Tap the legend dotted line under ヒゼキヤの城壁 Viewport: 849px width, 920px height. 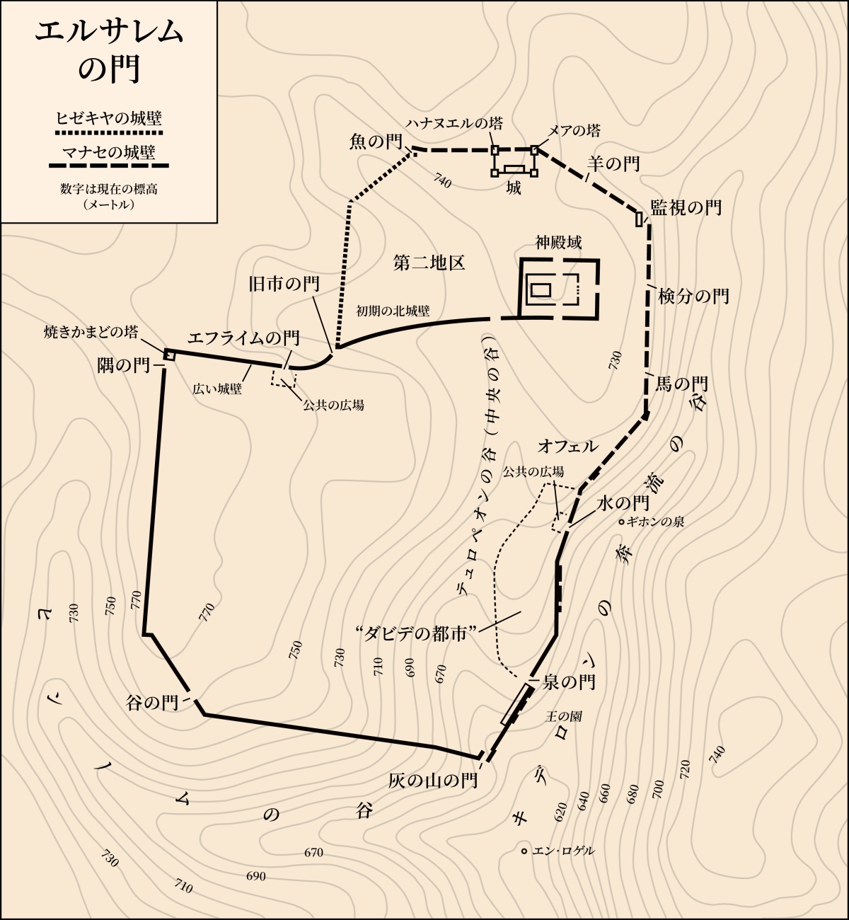109,132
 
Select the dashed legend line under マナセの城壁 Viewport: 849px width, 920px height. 109,166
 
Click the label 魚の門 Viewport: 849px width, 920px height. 376,142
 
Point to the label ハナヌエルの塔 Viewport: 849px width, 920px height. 454,124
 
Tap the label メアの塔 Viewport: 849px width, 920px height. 574,130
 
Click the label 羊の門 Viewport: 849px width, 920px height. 613,164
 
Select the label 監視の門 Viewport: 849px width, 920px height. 686,207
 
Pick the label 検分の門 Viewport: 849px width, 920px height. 693,296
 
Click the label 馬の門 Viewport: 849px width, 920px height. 681,384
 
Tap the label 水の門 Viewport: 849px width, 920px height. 623,503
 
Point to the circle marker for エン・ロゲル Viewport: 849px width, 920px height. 524,851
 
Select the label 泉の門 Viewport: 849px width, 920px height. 568,682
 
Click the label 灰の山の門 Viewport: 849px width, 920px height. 433,781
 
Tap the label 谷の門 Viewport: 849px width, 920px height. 152,703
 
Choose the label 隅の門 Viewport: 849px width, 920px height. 124,365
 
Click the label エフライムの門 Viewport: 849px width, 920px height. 243,338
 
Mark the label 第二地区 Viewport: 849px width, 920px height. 429,263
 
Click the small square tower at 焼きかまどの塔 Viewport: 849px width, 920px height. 170,355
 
